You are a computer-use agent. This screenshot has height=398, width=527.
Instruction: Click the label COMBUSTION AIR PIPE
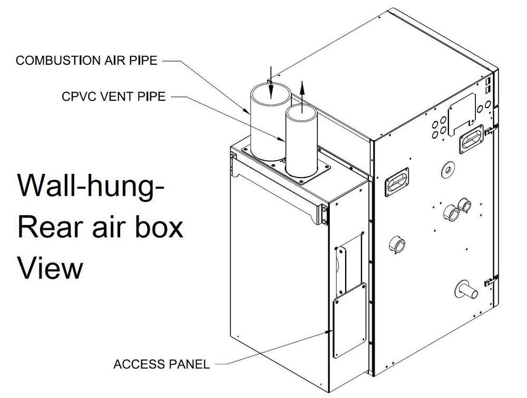coord(86,60)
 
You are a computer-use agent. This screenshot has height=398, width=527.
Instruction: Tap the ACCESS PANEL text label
coord(162,364)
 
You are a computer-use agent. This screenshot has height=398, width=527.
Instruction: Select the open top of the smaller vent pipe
coord(300,111)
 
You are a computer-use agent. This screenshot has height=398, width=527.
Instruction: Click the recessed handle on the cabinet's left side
coord(397,182)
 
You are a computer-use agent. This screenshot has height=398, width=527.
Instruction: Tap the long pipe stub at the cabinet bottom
coord(464,289)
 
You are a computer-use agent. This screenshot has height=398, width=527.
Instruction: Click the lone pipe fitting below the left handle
coord(397,245)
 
